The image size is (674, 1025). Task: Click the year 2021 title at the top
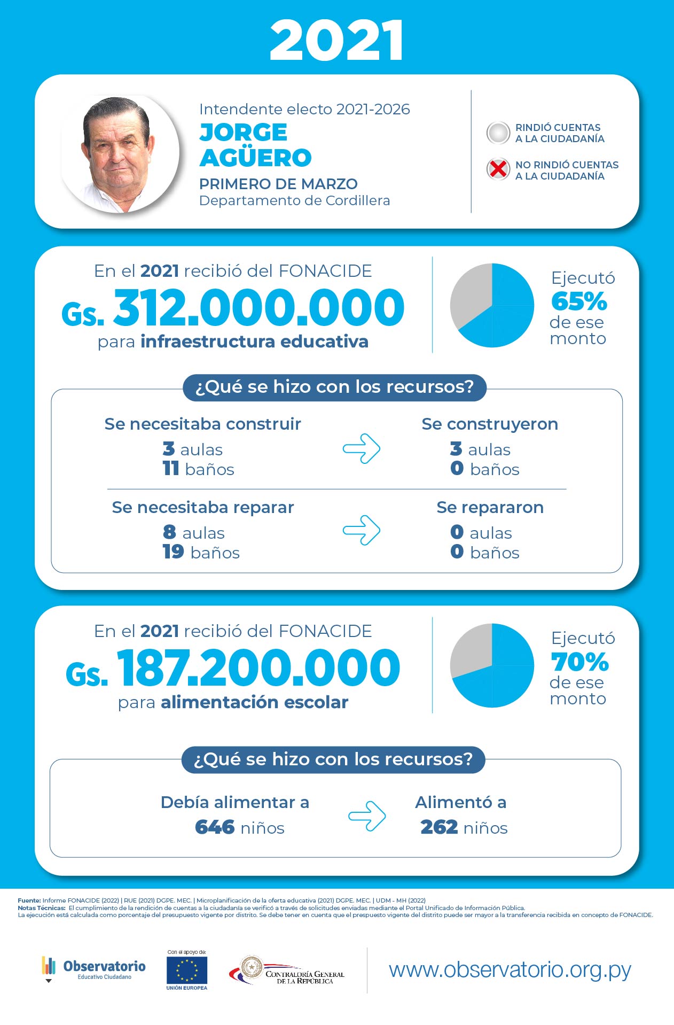pos(336,41)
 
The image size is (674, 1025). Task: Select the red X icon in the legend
pos(498,169)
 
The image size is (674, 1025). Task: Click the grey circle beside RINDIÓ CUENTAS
pos(498,133)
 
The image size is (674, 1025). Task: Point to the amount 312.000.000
pos(259,307)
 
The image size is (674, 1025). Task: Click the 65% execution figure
pos(579,301)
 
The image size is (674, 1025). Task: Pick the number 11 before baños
pos(171,468)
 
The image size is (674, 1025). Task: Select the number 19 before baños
pos(174,552)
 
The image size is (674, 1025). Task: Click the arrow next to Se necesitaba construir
pos(362,448)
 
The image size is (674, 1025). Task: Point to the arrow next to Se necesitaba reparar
pos(362,530)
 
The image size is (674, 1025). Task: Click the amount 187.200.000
pos(258,667)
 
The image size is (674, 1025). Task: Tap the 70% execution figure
pos(580,662)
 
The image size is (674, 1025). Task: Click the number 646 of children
pos(215,827)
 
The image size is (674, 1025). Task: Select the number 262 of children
pos(439,827)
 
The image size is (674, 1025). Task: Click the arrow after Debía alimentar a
pos(367,816)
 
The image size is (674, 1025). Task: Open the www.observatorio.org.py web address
pos(510,970)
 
